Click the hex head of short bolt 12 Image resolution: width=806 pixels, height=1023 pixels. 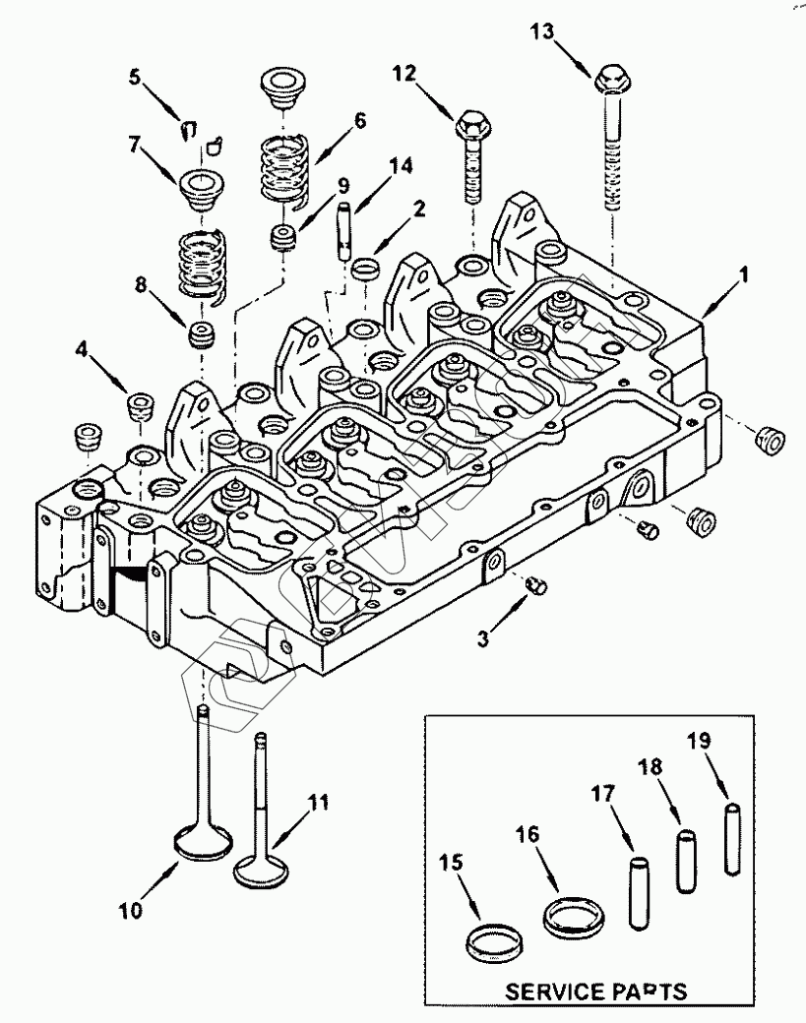[468, 124]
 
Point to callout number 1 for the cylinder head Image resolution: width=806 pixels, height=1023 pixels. [743, 278]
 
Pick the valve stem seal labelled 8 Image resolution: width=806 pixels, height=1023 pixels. [202, 333]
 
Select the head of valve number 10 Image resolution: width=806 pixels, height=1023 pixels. [203, 844]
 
